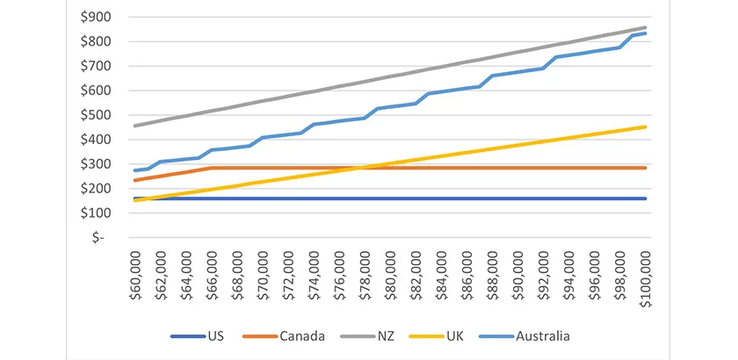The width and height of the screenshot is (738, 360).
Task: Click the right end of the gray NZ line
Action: tap(647, 27)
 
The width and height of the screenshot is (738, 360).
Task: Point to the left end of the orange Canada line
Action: tap(134, 180)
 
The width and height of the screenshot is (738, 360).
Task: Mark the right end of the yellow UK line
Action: tap(647, 126)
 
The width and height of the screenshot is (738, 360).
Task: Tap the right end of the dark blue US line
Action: tap(647, 198)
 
